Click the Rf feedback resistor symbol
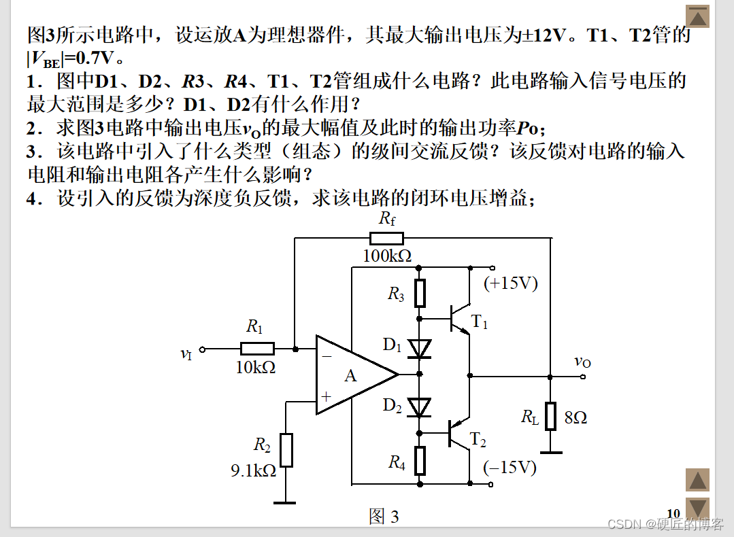coord(386,239)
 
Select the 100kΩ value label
coord(387,256)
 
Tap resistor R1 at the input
coord(257,349)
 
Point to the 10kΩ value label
coord(255,367)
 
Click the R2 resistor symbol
coord(286,450)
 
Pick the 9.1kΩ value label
coord(254,470)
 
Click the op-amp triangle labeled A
coord(352,375)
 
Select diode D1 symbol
coord(420,349)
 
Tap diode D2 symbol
coord(420,407)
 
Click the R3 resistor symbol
coord(420,293)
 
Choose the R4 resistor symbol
coord(420,461)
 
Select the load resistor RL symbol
coord(550,417)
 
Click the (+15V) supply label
coord(510,283)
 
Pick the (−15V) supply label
coord(510,468)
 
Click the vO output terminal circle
coord(583,376)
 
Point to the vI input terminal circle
coord(202,349)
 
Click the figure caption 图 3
coord(384,517)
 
